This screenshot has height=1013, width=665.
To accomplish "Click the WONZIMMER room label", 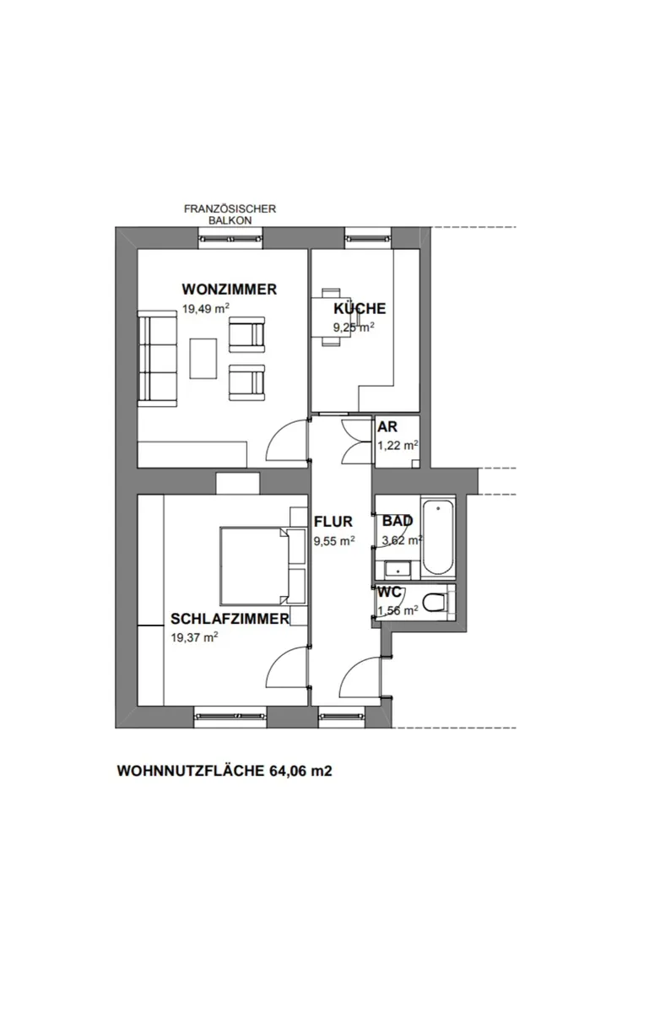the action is pyautogui.click(x=230, y=289).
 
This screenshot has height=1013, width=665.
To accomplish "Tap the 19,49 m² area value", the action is pyautogui.click(x=206, y=308).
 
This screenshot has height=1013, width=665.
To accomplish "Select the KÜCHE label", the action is pyautogui.click(x=360, y=308).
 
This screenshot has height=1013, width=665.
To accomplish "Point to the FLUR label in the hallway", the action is pyautogui.click(x=333, y=522).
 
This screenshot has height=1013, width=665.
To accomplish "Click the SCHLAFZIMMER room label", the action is pyautogui.click(x=230, y=619).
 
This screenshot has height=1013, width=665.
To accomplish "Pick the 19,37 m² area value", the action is pyautogui.click(x=194, y=637).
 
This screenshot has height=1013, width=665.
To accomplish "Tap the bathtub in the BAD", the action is pyautogui.click(x=438, y=537).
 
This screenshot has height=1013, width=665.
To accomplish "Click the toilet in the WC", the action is pyautogui.click(x=435, y=603).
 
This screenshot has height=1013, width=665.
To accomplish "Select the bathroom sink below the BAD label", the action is pyautogui.click(x=397, y=571).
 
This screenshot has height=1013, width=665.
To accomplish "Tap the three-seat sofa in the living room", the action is pyautogui.click(x=157, y=359).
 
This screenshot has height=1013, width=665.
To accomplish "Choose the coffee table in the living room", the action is pyautogui.click(x=203, y=359).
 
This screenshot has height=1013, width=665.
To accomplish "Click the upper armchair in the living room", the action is pyautogui.click(x=246, y=334).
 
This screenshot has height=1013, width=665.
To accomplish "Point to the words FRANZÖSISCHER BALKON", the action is pyautogui.click(x=230, y=214).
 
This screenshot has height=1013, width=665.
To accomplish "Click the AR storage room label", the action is pyautogui.click(x=387, y=426).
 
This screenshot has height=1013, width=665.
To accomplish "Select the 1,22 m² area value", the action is pyautogui.click(x=397, y=446).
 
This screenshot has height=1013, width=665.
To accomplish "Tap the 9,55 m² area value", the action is pyautogui.click(x=334, y=540).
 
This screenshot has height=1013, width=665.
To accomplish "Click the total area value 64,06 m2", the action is pyautogui.click(x=300, y=771).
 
